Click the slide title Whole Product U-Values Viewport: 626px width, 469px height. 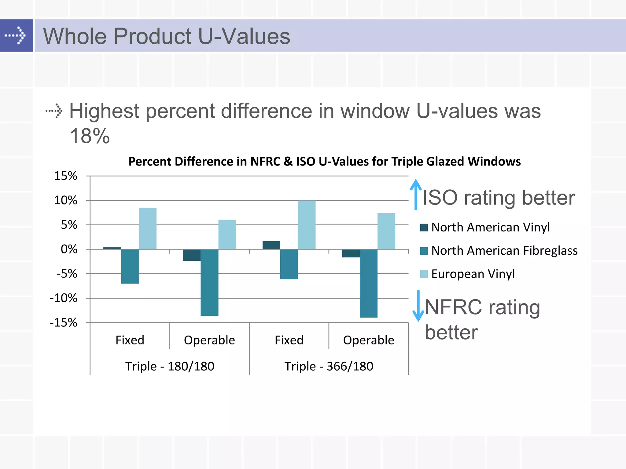click(167, 36)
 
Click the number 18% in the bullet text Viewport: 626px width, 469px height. click(90, 136)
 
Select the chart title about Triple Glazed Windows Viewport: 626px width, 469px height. click(324, 162)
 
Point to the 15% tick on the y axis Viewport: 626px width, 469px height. click(66, 176)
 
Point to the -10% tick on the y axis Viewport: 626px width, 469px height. click(64, 298)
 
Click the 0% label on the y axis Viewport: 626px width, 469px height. click(69, 249)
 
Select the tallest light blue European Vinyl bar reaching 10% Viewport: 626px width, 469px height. click(307, 225)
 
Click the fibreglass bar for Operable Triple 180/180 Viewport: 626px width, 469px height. click(209, 282)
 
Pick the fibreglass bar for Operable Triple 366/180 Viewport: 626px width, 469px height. click(368, 283)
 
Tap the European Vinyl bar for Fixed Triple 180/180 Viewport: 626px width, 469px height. click(148, 228)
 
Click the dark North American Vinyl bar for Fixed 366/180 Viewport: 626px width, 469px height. click(271, 245)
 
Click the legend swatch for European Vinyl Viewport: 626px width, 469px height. click(424, 274)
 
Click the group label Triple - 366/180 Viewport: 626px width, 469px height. click(329, 366)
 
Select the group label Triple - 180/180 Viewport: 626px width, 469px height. click(170, 366)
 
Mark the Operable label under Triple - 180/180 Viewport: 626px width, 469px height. click(209, 340)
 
